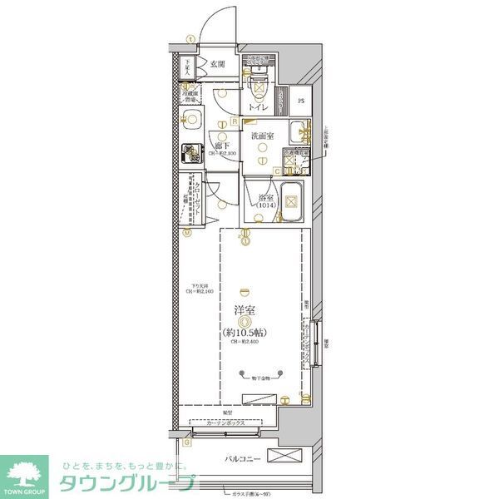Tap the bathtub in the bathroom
[291, 200]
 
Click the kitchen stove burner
[192, 154]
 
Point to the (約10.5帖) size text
[245, 333]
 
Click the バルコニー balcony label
[242, 459]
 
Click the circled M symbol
[186, 234]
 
